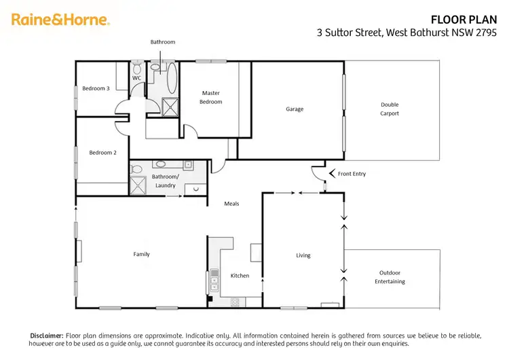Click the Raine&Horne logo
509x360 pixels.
coord(60,20)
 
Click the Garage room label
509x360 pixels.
coord(294,109)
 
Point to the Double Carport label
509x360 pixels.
coord(390,109)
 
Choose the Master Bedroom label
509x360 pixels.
coord(210,97)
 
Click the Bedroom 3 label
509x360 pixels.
coord(96,88)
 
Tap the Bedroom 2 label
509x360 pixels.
coord(102,152)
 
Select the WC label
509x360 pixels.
coord(136,78)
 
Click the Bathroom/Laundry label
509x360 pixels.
coord(165,181)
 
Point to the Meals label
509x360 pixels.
coord(232,203)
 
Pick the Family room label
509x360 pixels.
coord(141,254)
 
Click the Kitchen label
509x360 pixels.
coord(240,276)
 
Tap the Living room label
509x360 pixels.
coord(303,255)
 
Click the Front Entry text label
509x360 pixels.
coord(352,174)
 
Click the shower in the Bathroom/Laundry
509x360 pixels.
coord(138,186)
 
